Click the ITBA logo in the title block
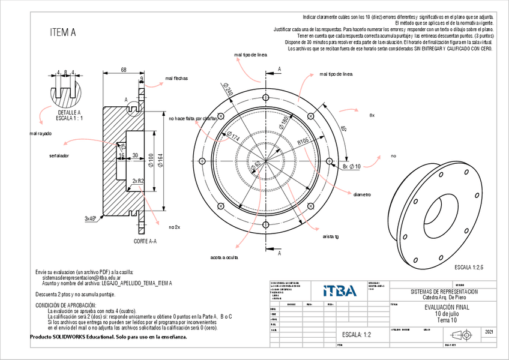coord(340,291)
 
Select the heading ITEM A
coord(63,33)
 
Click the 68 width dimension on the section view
coord(124,70)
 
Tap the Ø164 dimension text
coord(160,160)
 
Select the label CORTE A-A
coord(145,241)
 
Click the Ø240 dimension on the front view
coord(228,90)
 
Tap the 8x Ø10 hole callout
coord(351,166)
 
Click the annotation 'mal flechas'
coord(176,78)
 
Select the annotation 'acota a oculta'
coord(224,258)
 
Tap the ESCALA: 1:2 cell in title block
coord(357,334)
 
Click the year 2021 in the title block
coord(489,331)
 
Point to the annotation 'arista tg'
coord(331,236)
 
